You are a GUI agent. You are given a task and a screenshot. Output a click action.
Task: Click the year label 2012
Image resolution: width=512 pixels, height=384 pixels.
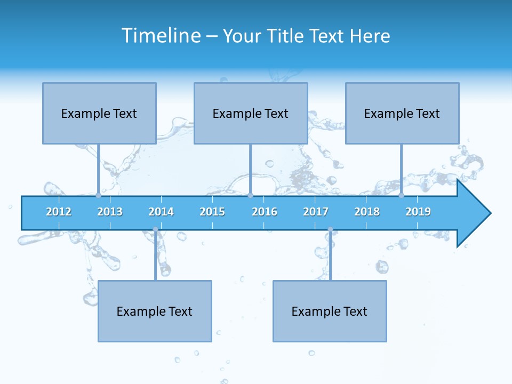(59, 212)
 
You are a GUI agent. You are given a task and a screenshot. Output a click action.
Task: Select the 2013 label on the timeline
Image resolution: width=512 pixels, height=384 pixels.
(110, 212)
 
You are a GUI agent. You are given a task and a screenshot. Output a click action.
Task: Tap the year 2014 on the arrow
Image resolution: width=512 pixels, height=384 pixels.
(161, 212)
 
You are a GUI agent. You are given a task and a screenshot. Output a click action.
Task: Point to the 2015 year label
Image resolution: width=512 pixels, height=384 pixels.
(212, 212)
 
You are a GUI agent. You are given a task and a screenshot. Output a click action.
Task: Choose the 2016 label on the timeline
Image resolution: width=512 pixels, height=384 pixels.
(265, 212)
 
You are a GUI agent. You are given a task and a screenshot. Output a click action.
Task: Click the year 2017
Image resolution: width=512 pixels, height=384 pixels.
(316, 212)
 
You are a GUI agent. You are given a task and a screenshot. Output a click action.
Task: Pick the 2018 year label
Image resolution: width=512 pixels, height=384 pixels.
(367, 212)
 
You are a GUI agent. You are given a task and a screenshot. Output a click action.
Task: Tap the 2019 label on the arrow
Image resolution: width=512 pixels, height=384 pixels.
(418, 212)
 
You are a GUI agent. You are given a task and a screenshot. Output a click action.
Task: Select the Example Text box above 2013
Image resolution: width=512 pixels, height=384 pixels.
(99, 113)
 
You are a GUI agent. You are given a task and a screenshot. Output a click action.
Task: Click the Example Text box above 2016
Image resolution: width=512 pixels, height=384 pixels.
(251, 113)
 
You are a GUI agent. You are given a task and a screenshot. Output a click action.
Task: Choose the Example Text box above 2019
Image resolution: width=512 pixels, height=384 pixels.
(402, 113)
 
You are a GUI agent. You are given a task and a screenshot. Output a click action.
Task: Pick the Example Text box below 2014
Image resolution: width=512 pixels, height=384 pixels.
(155, 311)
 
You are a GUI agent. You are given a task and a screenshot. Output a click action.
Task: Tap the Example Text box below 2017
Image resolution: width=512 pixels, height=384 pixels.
(330, 311)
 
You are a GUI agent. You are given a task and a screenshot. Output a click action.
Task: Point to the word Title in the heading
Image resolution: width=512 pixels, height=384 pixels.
(287, 36)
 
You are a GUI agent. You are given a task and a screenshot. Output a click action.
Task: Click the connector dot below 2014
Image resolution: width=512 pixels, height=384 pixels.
(155, 229)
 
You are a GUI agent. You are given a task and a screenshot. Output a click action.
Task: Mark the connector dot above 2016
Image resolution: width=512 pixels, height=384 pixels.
(250, 196)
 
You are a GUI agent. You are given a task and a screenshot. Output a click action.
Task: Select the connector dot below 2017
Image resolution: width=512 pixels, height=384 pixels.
(330, 229)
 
